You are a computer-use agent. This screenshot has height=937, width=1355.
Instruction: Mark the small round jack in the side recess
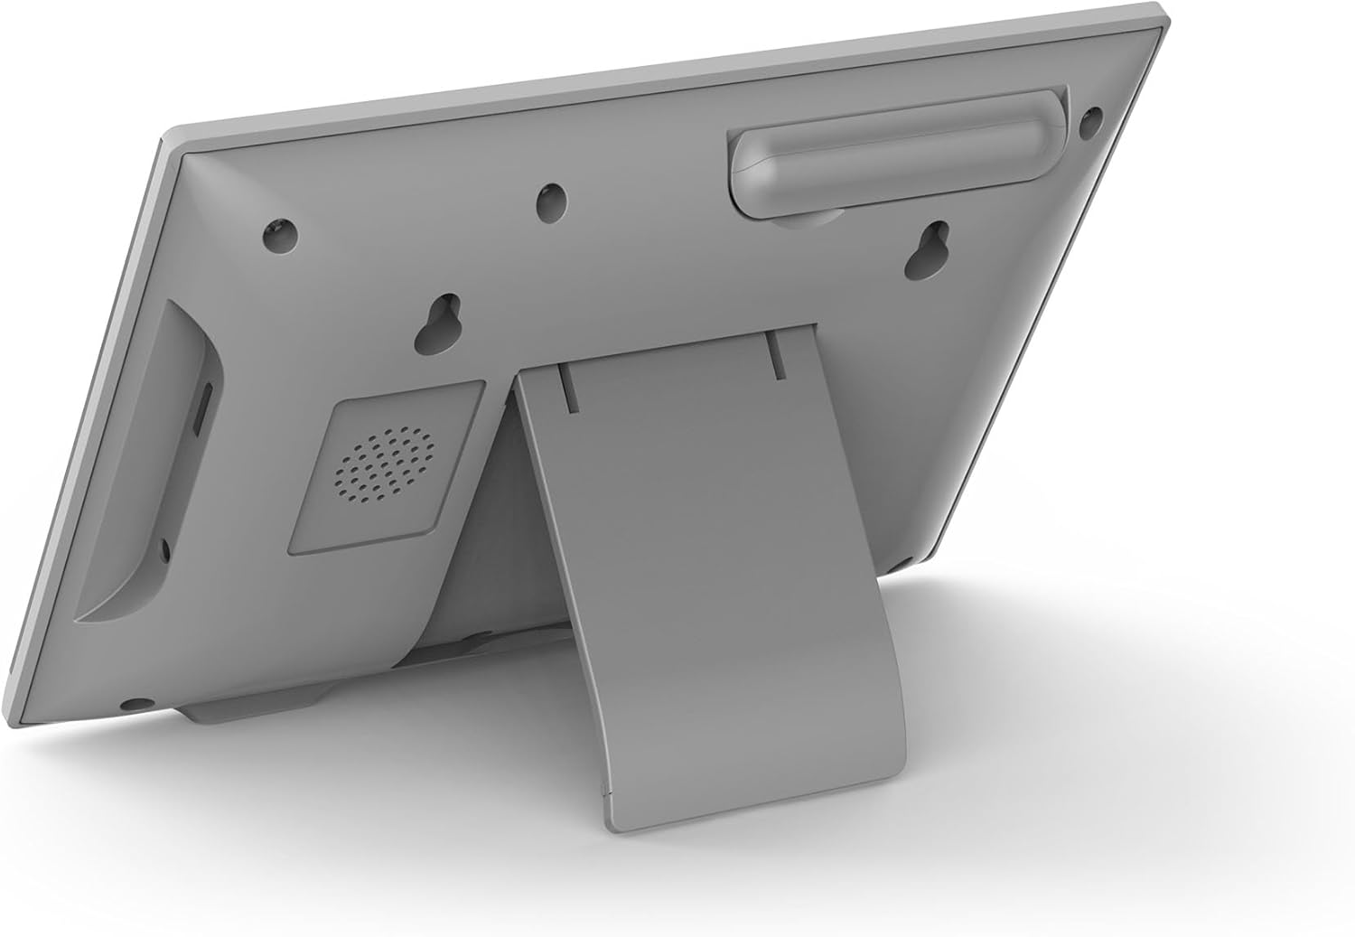[164, 548]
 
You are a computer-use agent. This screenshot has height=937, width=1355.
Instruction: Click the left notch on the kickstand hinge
[566, 387]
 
